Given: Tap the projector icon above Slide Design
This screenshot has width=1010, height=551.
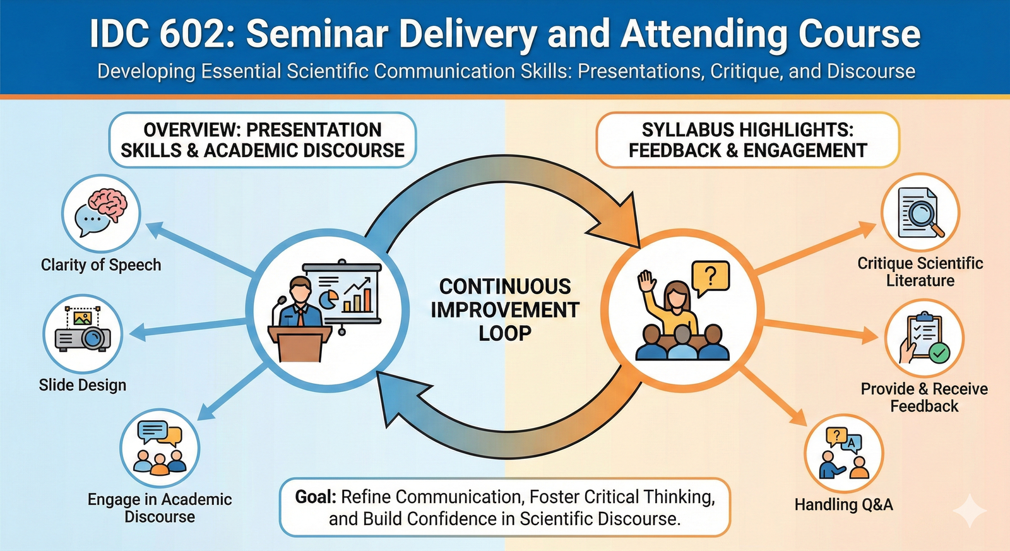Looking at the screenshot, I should [83, 333].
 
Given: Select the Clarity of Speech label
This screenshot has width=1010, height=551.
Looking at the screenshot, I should [101, 265].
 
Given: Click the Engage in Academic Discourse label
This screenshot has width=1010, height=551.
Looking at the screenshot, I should [160, 508].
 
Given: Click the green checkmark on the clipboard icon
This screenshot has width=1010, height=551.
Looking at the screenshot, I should [939, 352].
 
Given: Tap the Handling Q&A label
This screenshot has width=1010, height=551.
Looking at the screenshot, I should [843, 505].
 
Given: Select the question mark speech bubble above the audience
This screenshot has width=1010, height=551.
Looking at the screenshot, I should [710, 276].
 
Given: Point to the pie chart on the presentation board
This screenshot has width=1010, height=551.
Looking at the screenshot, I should [328, 299].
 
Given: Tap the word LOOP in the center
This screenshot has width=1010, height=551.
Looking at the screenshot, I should [504, 334].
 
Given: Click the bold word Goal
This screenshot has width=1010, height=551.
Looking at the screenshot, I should [316, 497].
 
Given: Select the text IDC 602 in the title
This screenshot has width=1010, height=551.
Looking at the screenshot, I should [162, 35].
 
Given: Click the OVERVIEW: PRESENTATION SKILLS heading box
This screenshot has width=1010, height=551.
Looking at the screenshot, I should [263, 140].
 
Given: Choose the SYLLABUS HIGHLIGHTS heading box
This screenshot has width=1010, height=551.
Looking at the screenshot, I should [747, 140].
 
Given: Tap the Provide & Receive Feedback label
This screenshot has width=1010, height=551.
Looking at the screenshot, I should [924, 398].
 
